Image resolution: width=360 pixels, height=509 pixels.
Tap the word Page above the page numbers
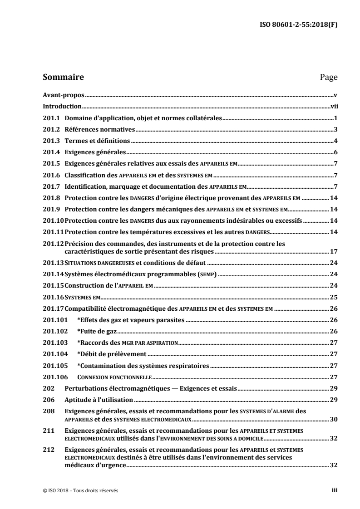click(329, 77)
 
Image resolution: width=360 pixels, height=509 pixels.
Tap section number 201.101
click(55, 320)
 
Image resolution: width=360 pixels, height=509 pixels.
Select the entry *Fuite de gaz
click(97, 331)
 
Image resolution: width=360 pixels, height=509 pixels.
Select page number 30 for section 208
click(333, 419)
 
